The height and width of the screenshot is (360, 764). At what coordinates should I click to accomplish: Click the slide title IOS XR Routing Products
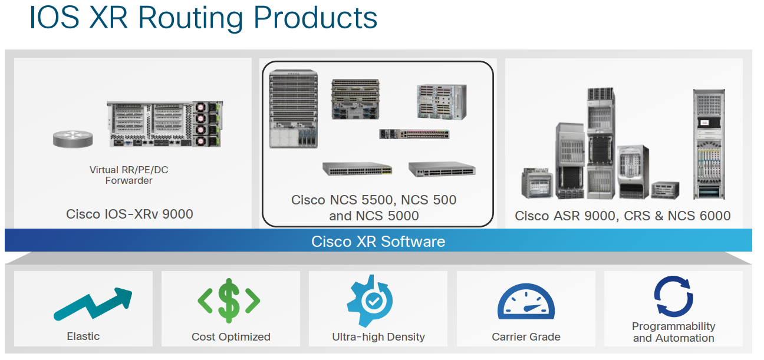[203, 18]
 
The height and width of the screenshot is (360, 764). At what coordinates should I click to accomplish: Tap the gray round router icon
[73, 138]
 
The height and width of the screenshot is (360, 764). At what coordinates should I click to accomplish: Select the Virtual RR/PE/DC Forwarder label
[129, 175]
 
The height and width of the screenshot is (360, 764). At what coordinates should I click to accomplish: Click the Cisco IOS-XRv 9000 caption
[130, 214]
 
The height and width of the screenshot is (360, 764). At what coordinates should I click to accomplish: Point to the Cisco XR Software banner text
[378, 241]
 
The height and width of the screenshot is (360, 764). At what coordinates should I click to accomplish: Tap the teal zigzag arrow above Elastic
[93, 303]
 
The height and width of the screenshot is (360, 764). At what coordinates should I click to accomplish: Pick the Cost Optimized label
[230, 337]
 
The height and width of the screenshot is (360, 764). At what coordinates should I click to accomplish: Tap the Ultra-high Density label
[378, 337]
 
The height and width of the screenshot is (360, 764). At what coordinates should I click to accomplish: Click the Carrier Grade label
[526, 337]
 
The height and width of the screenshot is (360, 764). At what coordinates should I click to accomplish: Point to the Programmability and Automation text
[673, 332]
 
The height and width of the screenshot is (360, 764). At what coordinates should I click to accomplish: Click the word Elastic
[83, 336]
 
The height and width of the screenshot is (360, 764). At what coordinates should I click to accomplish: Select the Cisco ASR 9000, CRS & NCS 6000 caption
[623, 216]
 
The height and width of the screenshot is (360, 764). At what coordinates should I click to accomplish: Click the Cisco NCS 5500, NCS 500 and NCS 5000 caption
[374, 207]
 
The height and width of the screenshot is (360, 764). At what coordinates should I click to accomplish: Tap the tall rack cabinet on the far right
[707, 144]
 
